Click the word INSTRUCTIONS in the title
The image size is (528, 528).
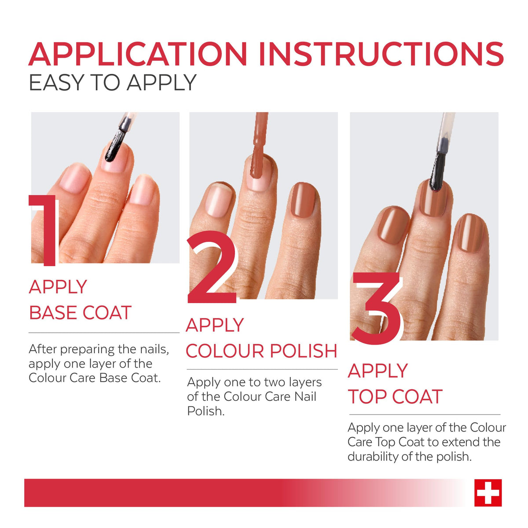[x=381, y=54]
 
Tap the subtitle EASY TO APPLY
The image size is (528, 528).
[x=113, y=82]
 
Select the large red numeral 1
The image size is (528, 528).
[x=44, y=230]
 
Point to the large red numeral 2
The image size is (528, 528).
[x=212, y=267]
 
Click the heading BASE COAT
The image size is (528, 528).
[x=80, y=313]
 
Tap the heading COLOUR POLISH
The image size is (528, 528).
[x=261, y=351]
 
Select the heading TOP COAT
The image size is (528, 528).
[x=395, y=396]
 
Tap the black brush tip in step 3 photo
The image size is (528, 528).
[x=438, y=171]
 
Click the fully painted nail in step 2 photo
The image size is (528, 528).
[x=304, y=200]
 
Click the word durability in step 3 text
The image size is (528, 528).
[x=373, y=457]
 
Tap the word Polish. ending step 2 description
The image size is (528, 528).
[x=206, y=411]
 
